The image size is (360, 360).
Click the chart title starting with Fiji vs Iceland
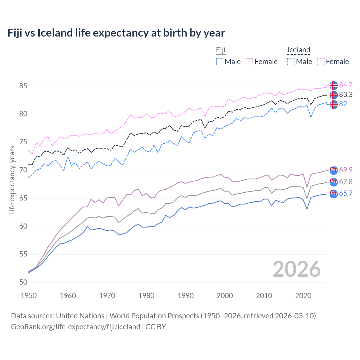click(116, 33)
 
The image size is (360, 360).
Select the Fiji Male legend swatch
click(220, 62)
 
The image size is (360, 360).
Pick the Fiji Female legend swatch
click(249, 62)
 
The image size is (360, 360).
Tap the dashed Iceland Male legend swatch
click(291, 62)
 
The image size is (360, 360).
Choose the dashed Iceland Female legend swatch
click(321, 62)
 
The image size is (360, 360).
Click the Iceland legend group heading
click(298, 50)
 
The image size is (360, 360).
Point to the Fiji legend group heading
click(221, 50)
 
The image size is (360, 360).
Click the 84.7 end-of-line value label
click(346, 85)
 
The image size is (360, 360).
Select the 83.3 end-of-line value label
click(346, 94)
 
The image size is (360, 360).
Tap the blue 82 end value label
click(343, 104)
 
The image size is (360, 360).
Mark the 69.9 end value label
click(346, 170)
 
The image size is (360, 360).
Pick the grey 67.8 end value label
click(346, 182)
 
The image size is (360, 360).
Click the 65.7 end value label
click(346, 193)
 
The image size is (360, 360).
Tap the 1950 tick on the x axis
click(29, 296)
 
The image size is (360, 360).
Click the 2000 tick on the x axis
click(225, 296)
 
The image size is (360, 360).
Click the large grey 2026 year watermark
click(296, 269)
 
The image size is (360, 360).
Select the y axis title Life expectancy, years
click(12, 180)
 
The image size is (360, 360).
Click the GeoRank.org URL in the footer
click(75, 327)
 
